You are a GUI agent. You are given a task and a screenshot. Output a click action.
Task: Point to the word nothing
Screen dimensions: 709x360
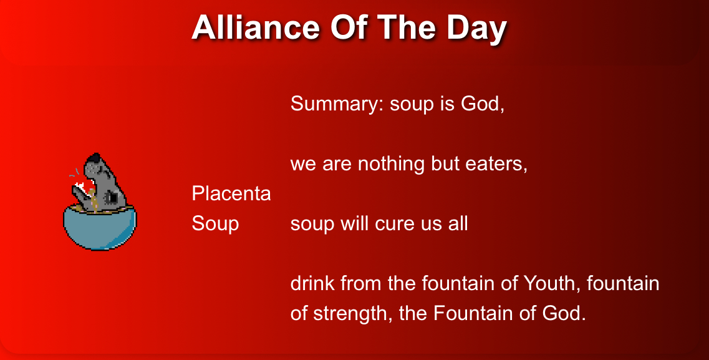coord(391,163)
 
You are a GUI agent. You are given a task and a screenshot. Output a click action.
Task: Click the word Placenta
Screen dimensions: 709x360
coord(231,193)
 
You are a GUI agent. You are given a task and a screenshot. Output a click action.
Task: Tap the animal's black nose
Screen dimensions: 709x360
coord(94,158)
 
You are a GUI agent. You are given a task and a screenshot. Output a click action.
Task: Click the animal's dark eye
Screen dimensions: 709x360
coord(111,198)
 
